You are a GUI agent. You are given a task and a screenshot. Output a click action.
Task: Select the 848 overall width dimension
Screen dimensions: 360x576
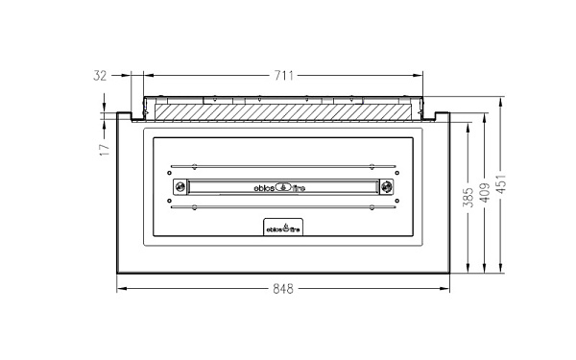pos(281,288)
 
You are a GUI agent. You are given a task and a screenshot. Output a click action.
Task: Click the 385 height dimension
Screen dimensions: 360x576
pos(468,197)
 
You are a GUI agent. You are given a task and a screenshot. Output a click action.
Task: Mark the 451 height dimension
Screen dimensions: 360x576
pos(502,183)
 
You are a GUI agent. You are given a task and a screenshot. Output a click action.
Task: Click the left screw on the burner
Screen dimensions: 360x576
pos(178,186)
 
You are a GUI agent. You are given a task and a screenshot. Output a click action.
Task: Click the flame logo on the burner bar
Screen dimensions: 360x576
pos(282,186)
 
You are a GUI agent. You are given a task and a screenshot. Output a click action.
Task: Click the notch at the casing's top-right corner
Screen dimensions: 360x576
pos(441,116)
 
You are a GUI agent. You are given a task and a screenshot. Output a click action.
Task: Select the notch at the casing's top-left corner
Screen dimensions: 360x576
pos(125,116)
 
